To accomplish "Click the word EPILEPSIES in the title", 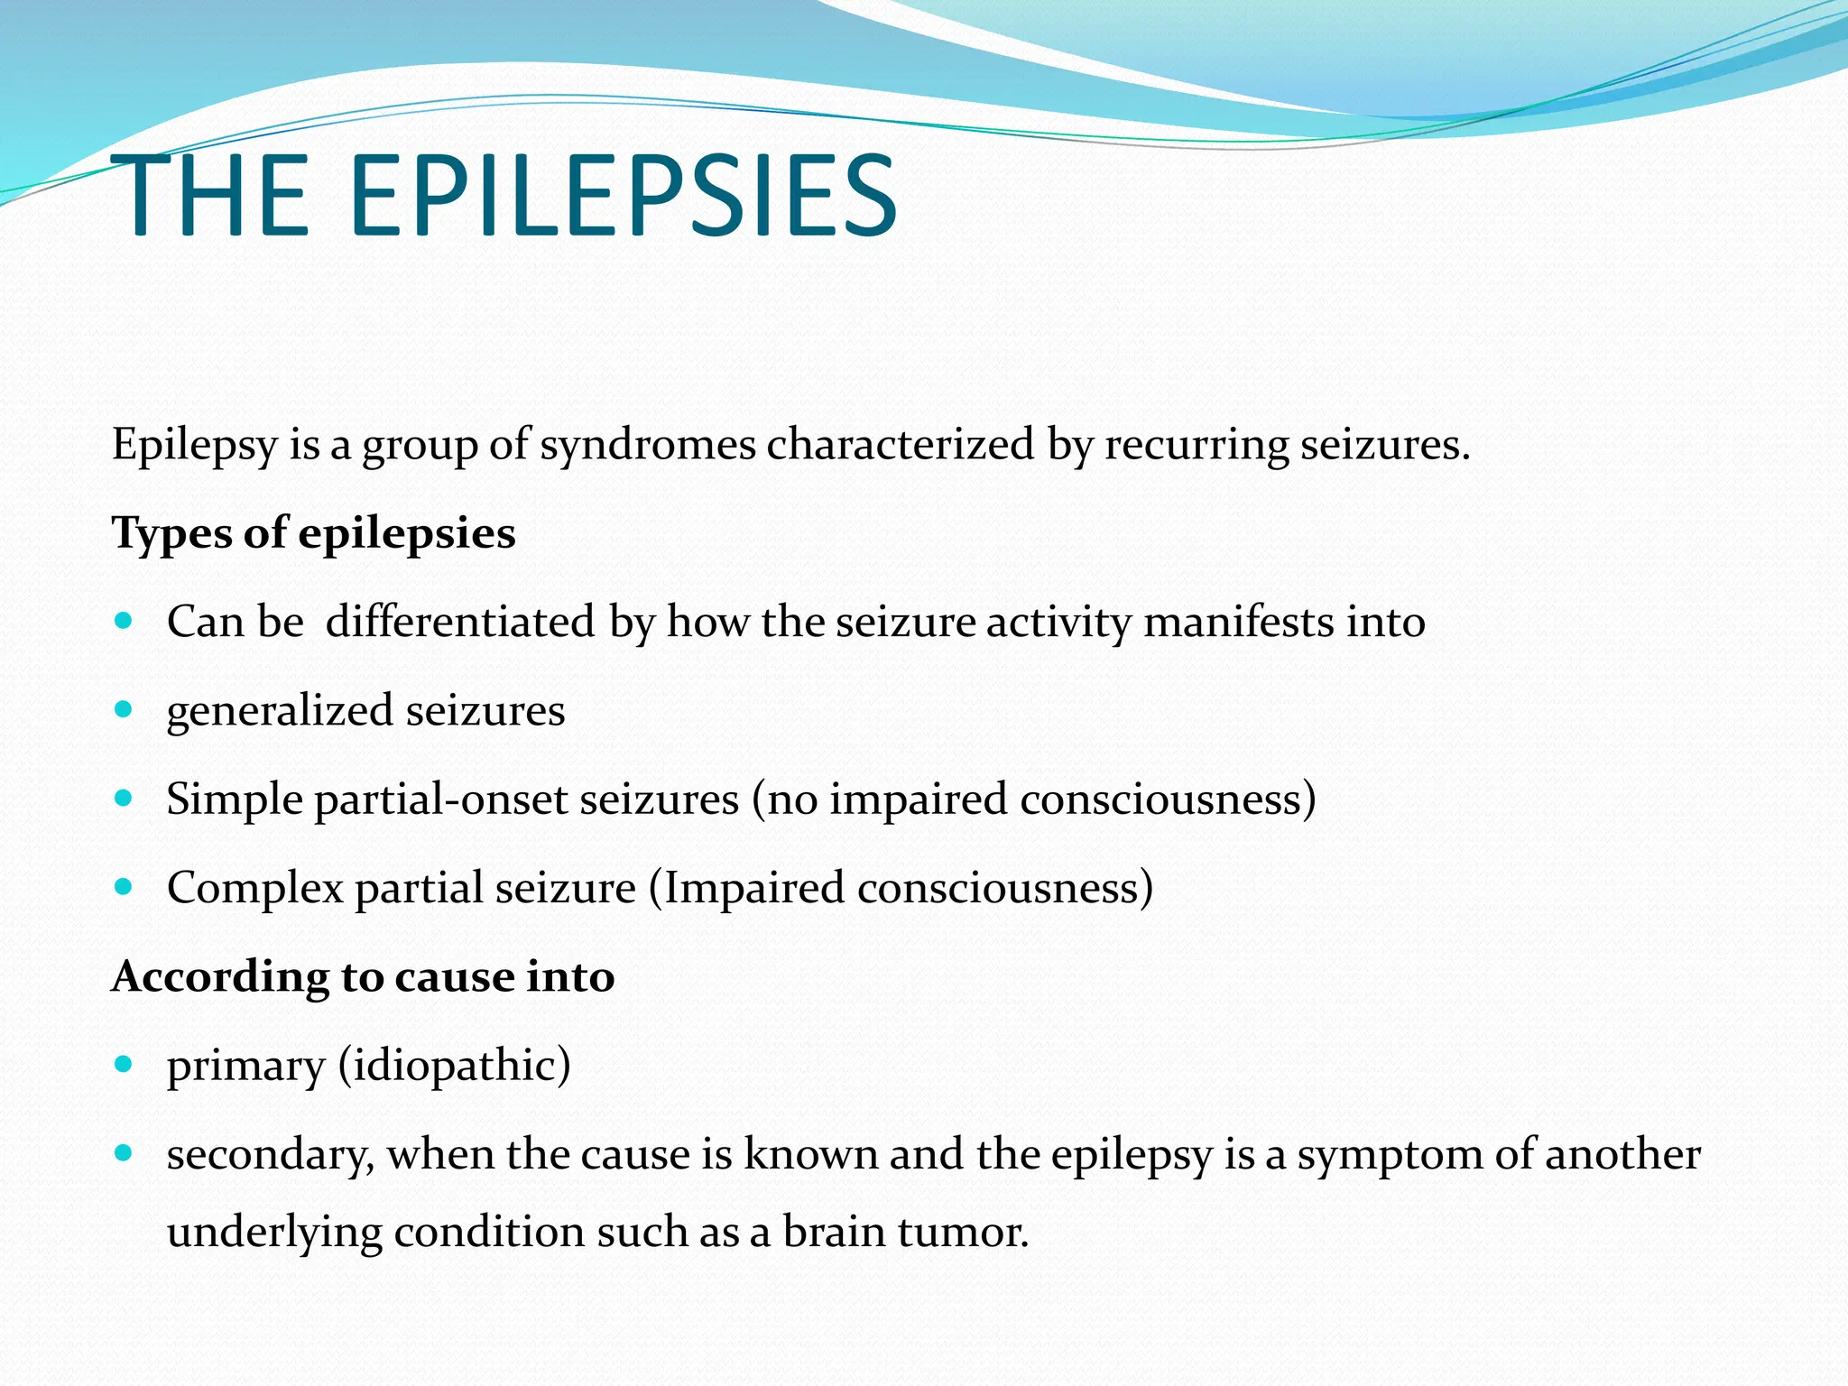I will pyautogui.click(x=623, y=197).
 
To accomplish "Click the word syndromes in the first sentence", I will pyautogui.click(x=648, y=445).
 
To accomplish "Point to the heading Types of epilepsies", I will pyautogui.click(x=313, y=532).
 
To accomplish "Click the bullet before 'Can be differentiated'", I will pyautogui.click(x=125, y=621).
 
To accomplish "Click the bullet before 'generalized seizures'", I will pyautogui.click(x=125, y=709).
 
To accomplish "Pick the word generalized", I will pyautogui.click(x=280, y=711).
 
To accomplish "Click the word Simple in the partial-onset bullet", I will pyautogui.click(x=234, y=799).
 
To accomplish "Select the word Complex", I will pyautogui.click(x=255, y=888).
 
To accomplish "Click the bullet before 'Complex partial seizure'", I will pyautogui.click(x=125, y=886).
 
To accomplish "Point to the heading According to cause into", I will pyautogui.click(x=363, y=976).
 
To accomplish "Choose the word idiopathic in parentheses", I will pyautogui.click(x=455, y=1066).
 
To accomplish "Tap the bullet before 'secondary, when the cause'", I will pyautogui.click(x=125, y=1152).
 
